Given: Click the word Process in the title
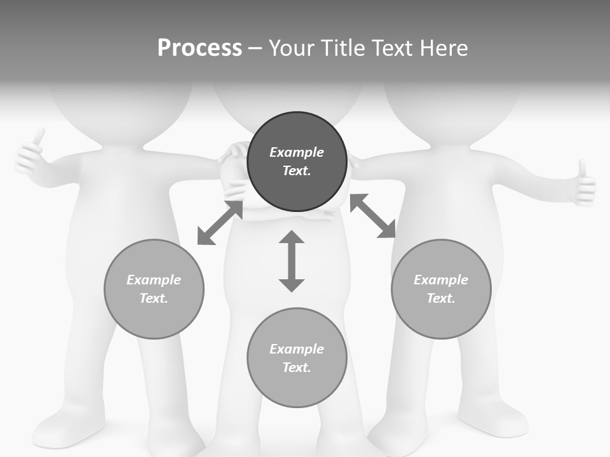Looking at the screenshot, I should point(200,48).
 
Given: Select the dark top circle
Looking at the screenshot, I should point(297,161).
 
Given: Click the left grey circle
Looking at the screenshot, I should point(154,289).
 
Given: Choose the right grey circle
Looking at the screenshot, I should point(441,289).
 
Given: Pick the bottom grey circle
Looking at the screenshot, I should point(297,357).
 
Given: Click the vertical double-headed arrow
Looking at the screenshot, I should point(292,261).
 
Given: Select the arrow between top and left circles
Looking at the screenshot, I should point(220,223).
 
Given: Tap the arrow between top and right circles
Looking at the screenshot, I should point(373,216).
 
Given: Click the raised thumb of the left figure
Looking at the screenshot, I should point(39,136).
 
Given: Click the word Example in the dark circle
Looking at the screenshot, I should point(297,152).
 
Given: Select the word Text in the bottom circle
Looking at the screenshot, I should point(295,368).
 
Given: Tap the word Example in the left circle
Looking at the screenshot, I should point(154,280).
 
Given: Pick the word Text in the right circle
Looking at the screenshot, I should point(440,298).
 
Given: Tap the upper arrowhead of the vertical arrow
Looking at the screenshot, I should point(292,237).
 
